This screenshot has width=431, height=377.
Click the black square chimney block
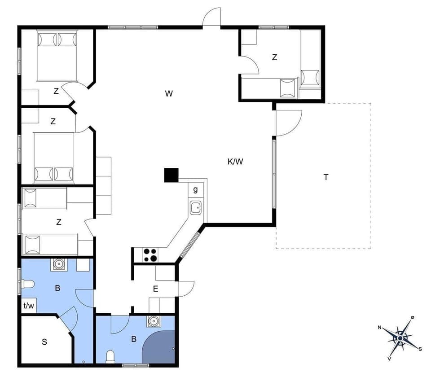(171, 175)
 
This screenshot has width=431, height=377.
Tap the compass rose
(400, 337)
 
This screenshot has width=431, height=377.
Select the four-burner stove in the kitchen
(150, 255)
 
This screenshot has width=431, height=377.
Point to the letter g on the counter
(195, 189)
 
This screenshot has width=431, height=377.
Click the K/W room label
(235, 162)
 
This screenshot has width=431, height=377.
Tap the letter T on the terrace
(326, 177)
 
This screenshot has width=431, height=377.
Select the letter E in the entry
(156, 289)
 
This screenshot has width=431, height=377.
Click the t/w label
(29, 306)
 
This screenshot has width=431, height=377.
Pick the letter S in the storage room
(44, 342)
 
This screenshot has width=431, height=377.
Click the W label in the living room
(169, 93)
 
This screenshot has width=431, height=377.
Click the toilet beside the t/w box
(28, 284)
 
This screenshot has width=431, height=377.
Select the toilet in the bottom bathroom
(110, 357)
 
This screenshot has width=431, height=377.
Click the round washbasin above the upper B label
(59, 264)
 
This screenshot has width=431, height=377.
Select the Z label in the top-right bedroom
(274, 57)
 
